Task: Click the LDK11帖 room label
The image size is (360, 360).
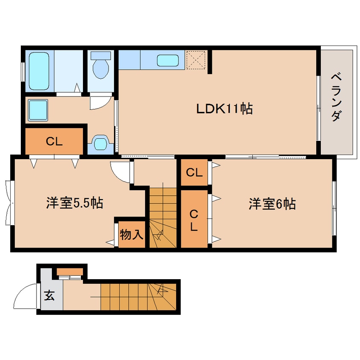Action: [x=224, y=109]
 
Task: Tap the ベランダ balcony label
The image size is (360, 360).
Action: [x=336, y=97]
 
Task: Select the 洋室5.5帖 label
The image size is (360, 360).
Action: [x=74, y=203]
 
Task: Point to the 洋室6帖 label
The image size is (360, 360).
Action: [x=272, y=204]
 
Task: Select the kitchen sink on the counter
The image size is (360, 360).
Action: [x=168, y=60]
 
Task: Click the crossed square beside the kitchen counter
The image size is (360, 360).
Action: [x=197, y=60]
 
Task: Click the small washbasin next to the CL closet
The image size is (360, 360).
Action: [x=100, y=143]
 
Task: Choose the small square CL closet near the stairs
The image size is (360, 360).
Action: [x=194, y=173]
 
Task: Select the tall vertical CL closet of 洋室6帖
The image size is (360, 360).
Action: [x=194, y=219]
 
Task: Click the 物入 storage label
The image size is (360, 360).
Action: [x=131, y=234]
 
